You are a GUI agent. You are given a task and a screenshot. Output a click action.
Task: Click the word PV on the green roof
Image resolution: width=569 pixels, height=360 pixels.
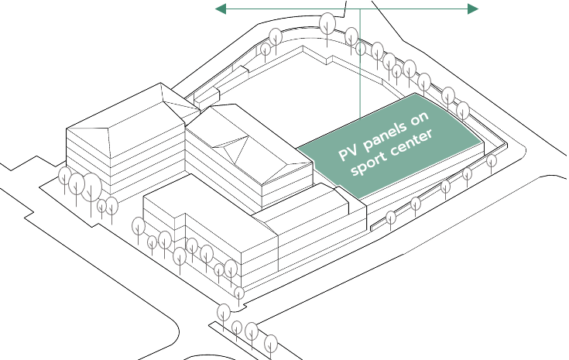(x=348, y=153)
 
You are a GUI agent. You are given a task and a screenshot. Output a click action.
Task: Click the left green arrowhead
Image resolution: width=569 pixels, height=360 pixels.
(x=221, y=9)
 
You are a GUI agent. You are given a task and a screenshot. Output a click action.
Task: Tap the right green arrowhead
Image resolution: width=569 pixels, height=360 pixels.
(x=473, y=9)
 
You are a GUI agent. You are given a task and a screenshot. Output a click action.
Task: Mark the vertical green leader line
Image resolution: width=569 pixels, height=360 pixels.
(x=360, y=63)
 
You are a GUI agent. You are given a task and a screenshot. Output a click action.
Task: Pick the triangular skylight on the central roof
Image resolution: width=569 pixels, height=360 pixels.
(x=231, y=149)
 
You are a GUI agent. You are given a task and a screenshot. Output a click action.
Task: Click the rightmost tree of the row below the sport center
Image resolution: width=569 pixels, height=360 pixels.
(x=492, y=161)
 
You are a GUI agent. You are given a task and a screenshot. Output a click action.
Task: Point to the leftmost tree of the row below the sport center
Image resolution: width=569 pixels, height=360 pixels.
(x=390, y=218)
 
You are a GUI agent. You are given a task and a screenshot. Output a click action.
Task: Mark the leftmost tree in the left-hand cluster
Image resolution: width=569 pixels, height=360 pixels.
(x=65, y=176)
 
